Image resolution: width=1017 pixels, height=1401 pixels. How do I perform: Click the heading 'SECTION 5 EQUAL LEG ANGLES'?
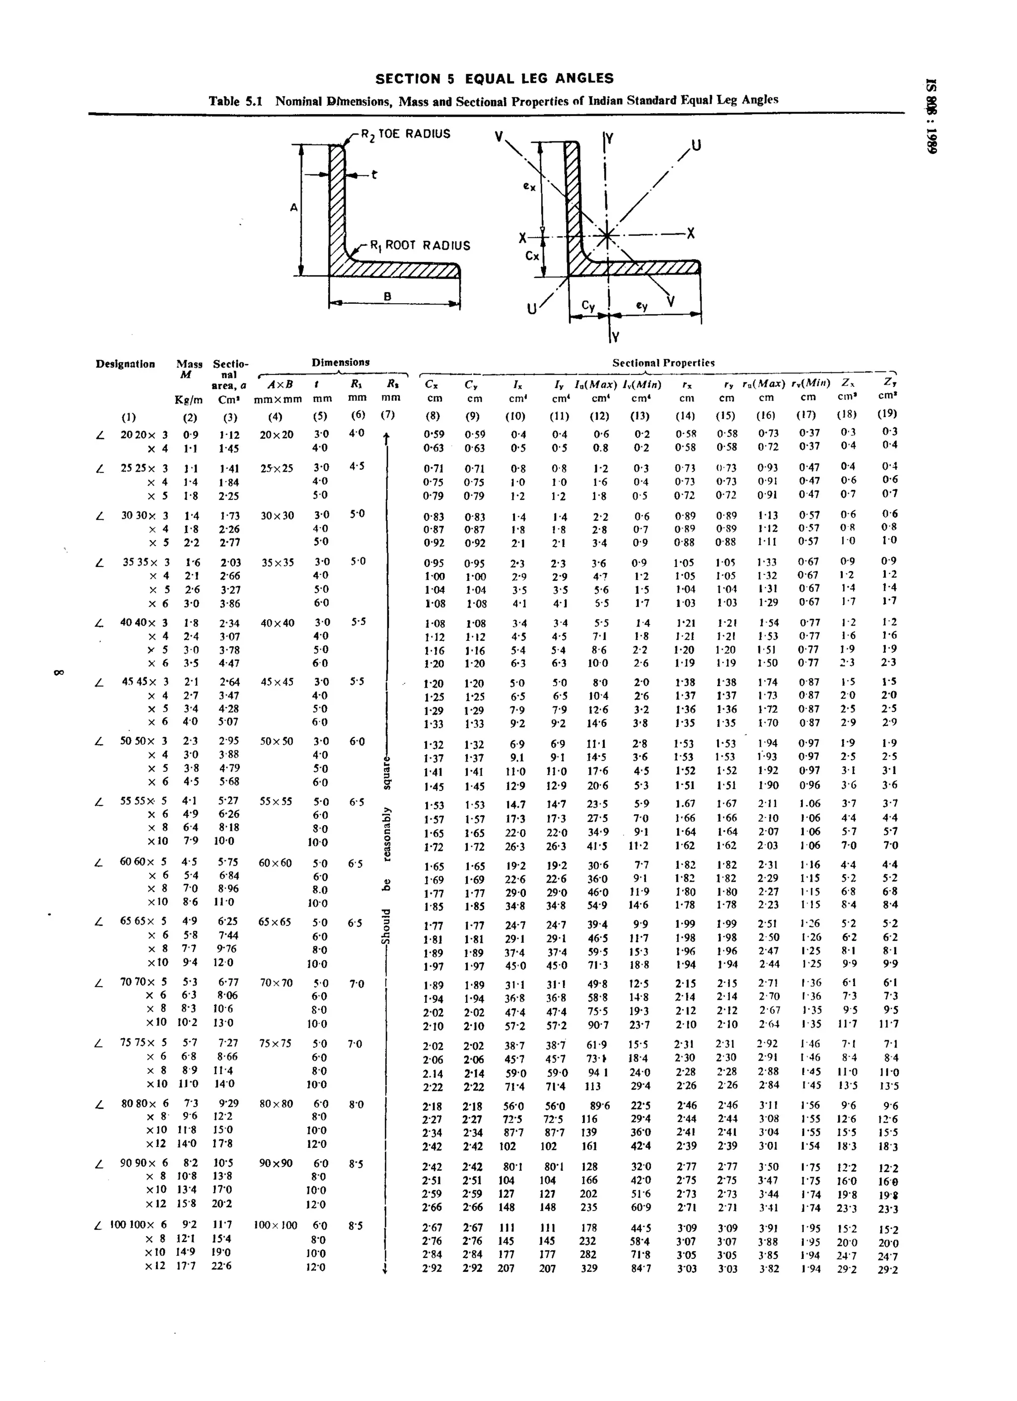494,78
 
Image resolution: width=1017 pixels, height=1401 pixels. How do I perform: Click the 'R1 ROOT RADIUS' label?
420,246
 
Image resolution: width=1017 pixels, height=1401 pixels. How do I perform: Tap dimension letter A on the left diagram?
293,208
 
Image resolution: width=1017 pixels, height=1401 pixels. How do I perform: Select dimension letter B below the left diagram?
387,296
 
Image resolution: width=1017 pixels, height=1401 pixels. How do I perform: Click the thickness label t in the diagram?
374,175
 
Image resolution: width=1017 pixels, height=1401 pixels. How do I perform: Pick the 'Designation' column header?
125,364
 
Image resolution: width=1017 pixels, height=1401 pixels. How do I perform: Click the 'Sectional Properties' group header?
663,362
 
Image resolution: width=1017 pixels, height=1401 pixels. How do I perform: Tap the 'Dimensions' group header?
341,362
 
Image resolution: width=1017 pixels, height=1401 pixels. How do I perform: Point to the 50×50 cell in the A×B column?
276,741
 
